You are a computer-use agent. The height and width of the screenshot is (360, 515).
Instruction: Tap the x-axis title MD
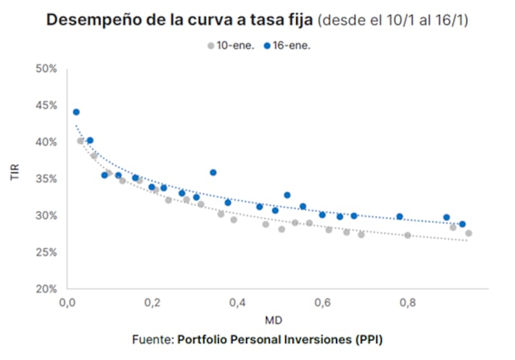(x=274, y=319)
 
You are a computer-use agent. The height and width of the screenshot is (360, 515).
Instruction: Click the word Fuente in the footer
(x=152, y=339)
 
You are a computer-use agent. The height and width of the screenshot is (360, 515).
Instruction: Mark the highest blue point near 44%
(x=76, y=112)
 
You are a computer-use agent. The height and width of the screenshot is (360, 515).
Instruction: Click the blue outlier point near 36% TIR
(x=213, y=173)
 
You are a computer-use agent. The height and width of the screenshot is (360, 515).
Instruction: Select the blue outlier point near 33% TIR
(x=287, y=195)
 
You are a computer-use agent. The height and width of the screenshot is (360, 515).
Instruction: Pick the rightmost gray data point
(x=468, y=233)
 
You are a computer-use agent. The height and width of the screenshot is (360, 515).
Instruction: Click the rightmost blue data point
(x=462, y=224)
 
